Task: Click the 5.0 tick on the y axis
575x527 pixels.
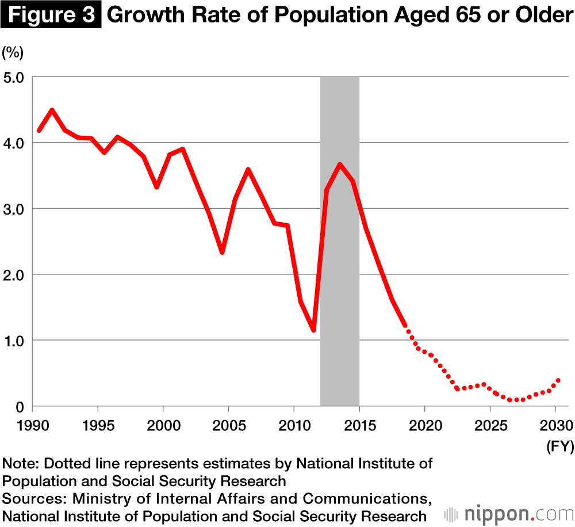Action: point(13,77)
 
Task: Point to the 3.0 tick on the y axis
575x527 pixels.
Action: point(13,208)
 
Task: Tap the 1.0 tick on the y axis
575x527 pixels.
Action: point(13,341)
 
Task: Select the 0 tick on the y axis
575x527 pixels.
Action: point(20,407)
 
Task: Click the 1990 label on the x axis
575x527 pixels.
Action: point(32,426)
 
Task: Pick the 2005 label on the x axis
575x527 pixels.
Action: point(229,426)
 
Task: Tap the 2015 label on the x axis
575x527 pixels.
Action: point(359,426)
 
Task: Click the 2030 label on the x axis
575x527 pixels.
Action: point(555,426)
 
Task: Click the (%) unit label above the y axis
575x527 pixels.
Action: point(13,53)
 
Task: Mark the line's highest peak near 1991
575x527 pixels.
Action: point(52,109)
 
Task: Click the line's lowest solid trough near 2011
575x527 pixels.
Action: point(313,330)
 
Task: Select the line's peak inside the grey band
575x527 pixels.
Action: point(340,165)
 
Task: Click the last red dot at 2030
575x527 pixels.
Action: point(558,380)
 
